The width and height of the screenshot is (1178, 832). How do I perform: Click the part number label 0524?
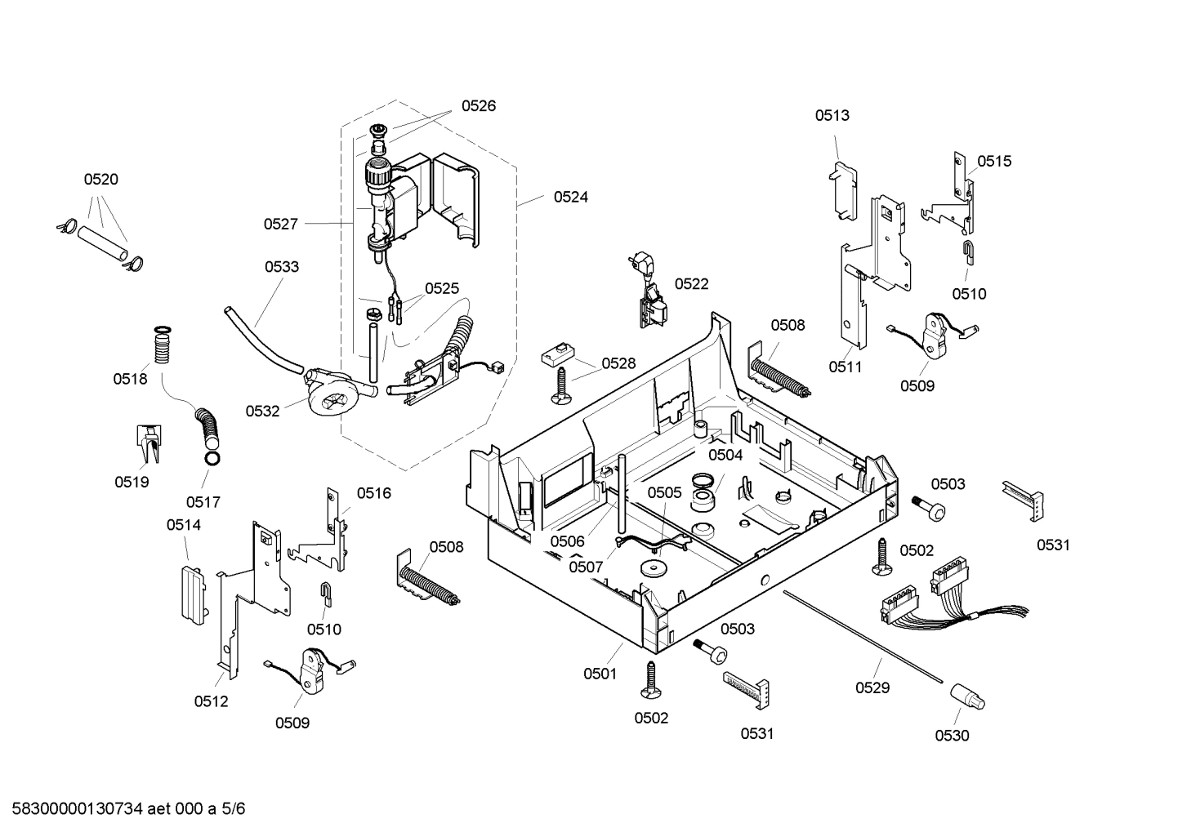tap(570, 197)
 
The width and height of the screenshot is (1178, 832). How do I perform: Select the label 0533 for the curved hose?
tap(281, 266)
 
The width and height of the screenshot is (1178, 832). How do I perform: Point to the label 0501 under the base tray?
tap(600, 674)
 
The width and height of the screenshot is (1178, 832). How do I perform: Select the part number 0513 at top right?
tap(832, 115)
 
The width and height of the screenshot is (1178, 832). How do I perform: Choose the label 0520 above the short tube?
tap(100, 180)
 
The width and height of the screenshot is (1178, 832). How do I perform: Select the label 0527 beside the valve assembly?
tap(280, 224)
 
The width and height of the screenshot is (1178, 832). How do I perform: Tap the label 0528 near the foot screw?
tap(618, 363)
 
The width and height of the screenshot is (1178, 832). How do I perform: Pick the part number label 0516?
tap(373, 492)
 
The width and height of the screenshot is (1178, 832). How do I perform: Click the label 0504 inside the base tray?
tap(725, 455)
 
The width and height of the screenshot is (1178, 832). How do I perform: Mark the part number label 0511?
tap(846, 367)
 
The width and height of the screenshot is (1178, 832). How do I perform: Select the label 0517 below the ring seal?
tap(203, 502)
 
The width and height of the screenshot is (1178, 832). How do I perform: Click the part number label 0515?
tap(994, 161)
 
